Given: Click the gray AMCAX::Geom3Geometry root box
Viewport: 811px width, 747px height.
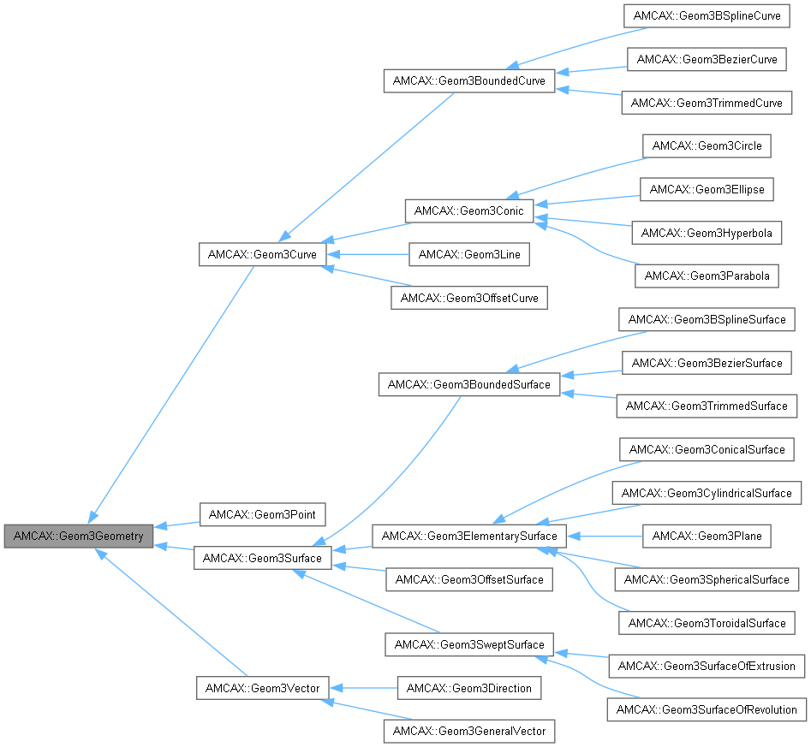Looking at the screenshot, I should coord(80,537).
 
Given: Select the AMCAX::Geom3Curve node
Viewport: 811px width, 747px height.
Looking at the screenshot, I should coord(262,254).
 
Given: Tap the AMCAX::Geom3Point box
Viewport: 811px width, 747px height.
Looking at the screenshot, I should coord(262,514).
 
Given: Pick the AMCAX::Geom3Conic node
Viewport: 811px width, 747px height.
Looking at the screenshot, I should coord(468,210).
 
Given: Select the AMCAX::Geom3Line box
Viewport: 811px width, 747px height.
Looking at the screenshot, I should coord(468,254).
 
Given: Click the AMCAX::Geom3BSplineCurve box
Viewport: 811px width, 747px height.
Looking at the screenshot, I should coord(707,16).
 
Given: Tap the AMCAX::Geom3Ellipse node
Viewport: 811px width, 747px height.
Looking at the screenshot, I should coord(707,189).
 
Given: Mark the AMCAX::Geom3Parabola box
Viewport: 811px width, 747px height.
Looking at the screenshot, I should coord(707,276).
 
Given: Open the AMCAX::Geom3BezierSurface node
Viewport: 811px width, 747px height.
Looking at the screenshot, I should coord(707,363).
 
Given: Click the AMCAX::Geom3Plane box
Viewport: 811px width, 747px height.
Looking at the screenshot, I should coord(707,537).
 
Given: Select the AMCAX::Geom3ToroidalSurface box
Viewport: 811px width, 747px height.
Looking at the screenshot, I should coord(707,623).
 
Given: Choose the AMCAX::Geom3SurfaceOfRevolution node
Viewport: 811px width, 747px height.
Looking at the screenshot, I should coord(707,709).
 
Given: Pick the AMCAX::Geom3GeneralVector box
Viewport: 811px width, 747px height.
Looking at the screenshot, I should coord(468,731).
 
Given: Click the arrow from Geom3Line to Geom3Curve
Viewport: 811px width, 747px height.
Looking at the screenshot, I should coord(368,254).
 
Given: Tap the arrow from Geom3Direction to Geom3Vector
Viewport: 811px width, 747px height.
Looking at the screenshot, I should coord(364,688).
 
